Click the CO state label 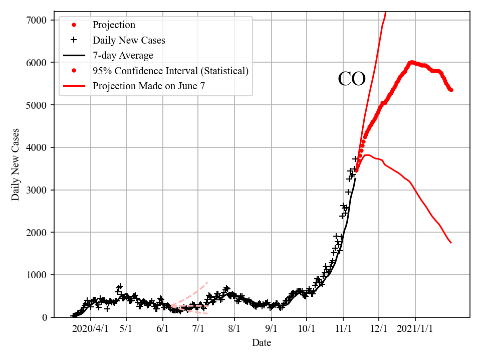[352, 79]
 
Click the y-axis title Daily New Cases [16, 164]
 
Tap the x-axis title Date [262, 343]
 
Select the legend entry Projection [114, 25]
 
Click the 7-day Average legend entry [123, 55]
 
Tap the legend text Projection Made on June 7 [148, 86]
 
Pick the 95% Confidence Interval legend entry [170, 71]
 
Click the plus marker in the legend [74, 40]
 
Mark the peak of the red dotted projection [411, 62]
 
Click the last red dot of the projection [451, 90]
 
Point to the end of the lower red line [451, 243]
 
